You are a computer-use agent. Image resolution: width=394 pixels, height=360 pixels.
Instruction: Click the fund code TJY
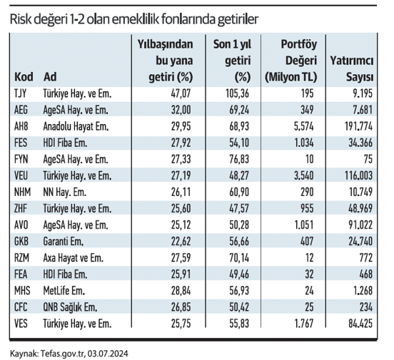click(x=21, y=94)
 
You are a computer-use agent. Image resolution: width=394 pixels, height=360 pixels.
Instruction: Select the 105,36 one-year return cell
click(x=237, y=94)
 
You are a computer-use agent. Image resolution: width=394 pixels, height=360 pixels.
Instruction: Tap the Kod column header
click(x=24, y=77)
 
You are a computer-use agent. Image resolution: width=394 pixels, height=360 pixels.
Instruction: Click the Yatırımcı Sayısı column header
click(x=352, y=68)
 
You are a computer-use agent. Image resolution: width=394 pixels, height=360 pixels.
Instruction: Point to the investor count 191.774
click(x=358, y=126)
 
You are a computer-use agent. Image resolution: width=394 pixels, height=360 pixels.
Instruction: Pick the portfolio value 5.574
click(x=304, y=126)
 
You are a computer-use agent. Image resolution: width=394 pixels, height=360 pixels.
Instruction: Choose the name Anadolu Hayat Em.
click(x=76, y=126)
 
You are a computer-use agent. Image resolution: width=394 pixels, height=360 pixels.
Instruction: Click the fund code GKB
click(x=21, y=242)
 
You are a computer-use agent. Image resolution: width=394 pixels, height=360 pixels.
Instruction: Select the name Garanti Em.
click(x=63, y=242)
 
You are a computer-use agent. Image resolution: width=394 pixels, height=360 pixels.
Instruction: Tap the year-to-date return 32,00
click(x=181, y=110)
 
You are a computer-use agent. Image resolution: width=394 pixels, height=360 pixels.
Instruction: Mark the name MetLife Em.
click(x=64, y=291)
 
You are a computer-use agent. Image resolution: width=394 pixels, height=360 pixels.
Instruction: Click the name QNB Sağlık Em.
click(x=70, y=307)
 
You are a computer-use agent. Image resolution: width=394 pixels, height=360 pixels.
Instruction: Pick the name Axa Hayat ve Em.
click(x=73, y=258)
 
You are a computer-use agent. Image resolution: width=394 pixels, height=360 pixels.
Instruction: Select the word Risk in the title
click(x=20, y=19)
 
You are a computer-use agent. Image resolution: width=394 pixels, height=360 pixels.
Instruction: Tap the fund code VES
click(x=21, y=324)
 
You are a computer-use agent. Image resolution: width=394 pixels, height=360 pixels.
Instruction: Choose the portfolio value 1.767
click(x=304, y=324)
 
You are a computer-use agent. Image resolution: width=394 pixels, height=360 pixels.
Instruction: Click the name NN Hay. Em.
click(x=64, y=192)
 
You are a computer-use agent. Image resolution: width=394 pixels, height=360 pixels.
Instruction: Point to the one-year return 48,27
click(x=239, y=176)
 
